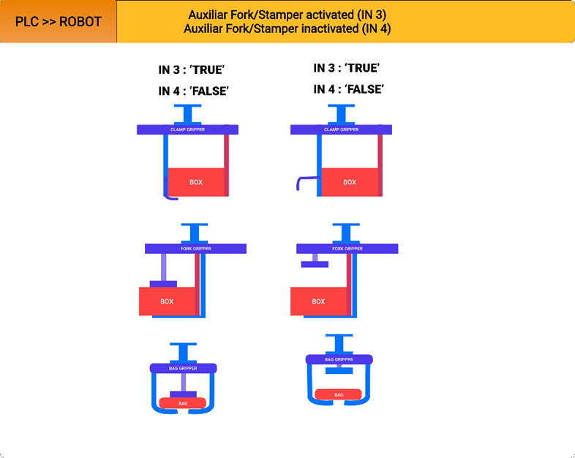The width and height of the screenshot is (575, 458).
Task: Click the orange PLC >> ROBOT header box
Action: tap(59, 22)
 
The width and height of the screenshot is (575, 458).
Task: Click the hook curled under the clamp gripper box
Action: tap(171, 196)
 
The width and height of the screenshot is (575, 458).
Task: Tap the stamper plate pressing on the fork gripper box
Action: tap(163, 283)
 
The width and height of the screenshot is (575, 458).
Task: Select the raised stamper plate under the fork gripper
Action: tap(313, 263)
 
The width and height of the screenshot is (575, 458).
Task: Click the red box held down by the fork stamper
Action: tap(168, 301)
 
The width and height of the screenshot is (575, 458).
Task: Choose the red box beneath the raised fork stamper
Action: tap(318, 301)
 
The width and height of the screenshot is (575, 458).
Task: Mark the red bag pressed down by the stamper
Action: tap(182, 403)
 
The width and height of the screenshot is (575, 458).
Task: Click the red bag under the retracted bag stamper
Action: tap(339, 394)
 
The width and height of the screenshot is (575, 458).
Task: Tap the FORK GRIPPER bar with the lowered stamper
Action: tap(195, 249)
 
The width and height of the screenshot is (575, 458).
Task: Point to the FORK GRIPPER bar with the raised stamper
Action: tap(347, 249)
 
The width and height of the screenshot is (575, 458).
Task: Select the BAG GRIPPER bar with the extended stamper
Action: tap(183, 368)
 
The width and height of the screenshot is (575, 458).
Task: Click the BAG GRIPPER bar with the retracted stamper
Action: tap(339, 359)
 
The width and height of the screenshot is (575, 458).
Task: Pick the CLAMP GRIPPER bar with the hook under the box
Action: tap(187, 129)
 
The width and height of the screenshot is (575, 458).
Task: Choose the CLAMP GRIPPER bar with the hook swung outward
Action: tap(341, 129)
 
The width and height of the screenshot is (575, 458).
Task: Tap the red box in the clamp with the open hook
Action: tap(350, 182)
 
